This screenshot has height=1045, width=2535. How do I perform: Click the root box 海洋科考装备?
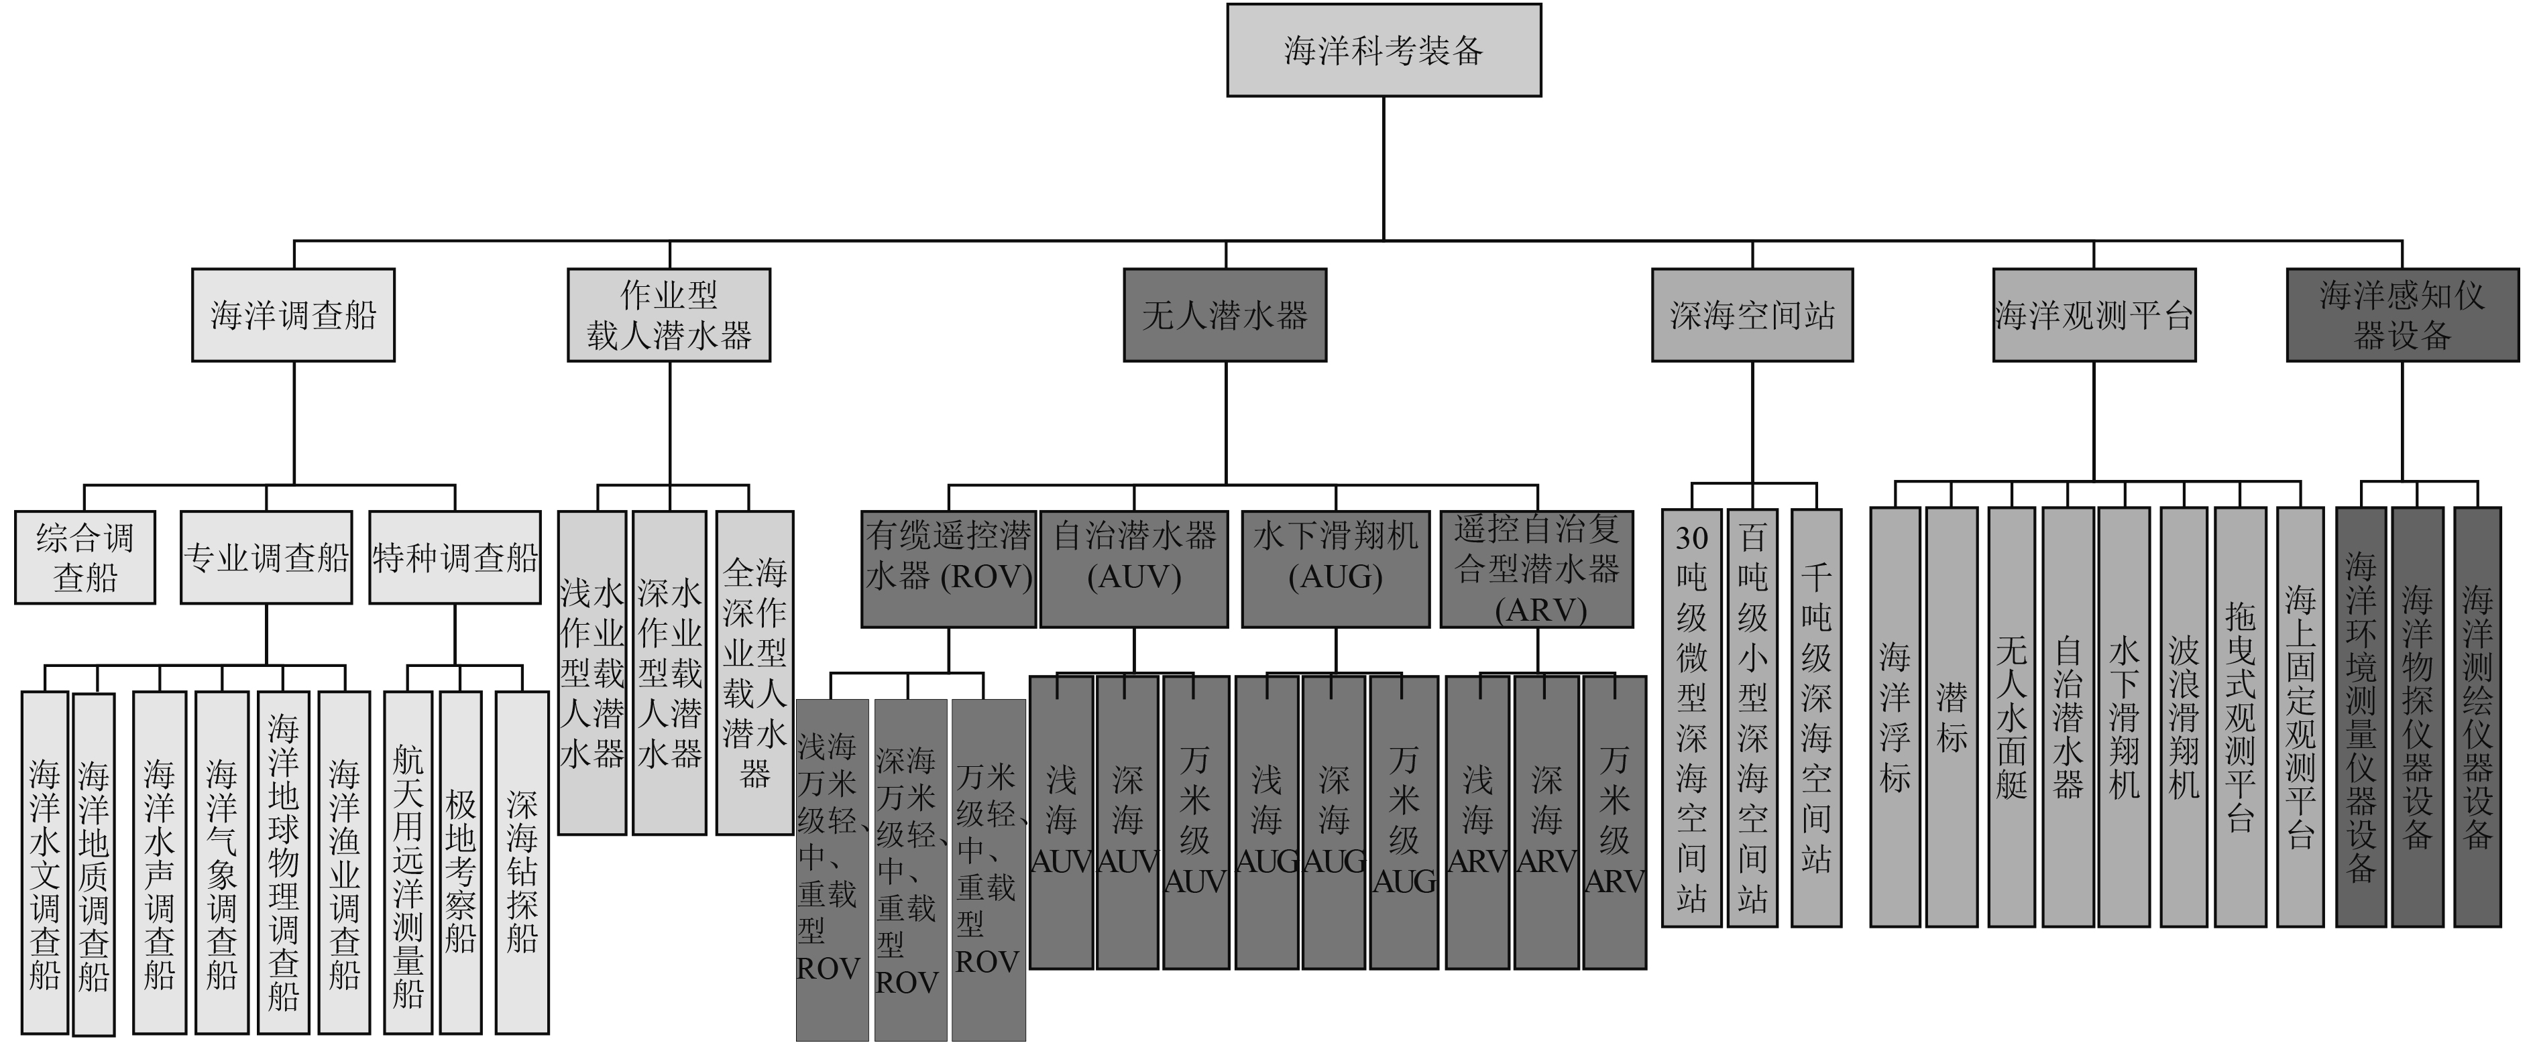pos(1383,50)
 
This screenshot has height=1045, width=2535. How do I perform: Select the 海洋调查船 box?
pos(293,315)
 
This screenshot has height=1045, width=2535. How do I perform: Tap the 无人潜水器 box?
pos(1225,315)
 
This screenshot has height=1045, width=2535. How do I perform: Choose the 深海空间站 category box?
pos(1752,315)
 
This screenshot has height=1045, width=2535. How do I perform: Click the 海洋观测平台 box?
pos(2093,315)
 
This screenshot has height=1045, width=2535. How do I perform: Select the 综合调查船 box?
pos(84,557)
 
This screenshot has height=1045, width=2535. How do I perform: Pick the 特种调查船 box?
pos(455,557)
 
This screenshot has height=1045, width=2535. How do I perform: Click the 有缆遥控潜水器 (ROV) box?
pos(949,568)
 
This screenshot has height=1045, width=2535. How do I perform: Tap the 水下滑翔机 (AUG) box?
pos(1335,568)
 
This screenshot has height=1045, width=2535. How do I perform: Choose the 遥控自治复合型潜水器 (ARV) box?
pos(1536,568)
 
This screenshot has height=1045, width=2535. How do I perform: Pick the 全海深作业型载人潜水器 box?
pos(754,672)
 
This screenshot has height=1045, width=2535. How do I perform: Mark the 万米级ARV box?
pos(1614,822)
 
